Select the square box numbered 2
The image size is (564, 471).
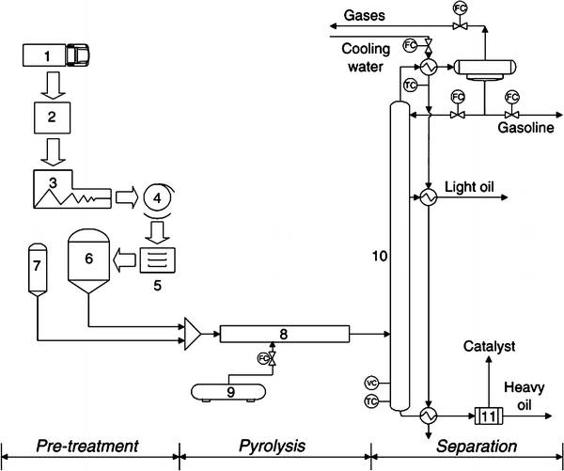coord(51,119)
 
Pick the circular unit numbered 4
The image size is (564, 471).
coord(158,198)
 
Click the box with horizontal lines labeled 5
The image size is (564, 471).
coord(157,257)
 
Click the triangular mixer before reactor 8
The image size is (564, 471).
coord(194,332)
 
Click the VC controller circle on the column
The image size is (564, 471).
coord(371,383)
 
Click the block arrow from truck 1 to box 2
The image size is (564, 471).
coord(51,86)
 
